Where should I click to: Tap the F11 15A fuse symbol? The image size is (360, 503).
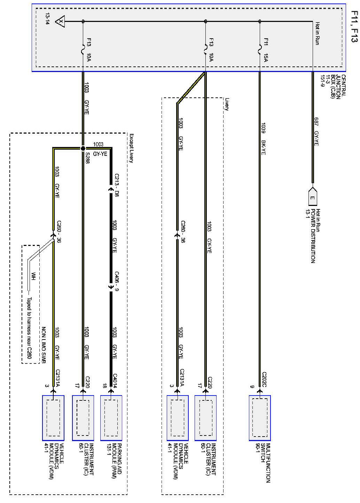point(260,51)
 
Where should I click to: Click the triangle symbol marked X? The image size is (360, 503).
point(61,22)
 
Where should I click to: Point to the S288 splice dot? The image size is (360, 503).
point(83,149)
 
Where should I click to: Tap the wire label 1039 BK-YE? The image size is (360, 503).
point(264,138)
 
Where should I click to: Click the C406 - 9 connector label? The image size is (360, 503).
point(116,280)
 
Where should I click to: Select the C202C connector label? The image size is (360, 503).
point(264,380)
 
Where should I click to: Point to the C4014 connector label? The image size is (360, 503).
point(115,381)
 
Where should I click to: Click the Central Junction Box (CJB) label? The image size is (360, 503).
point(337,87)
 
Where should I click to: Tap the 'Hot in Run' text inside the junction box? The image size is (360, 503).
point(317,33)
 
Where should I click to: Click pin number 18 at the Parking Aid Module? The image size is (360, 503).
point(104,386)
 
